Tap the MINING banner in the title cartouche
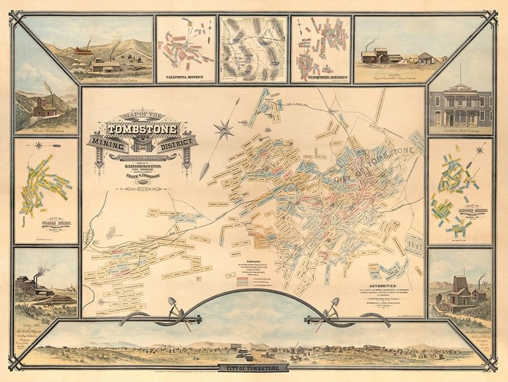pyautogui.click(x=109, y=145)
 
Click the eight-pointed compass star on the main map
pyautogui.click(x=221, y=129)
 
